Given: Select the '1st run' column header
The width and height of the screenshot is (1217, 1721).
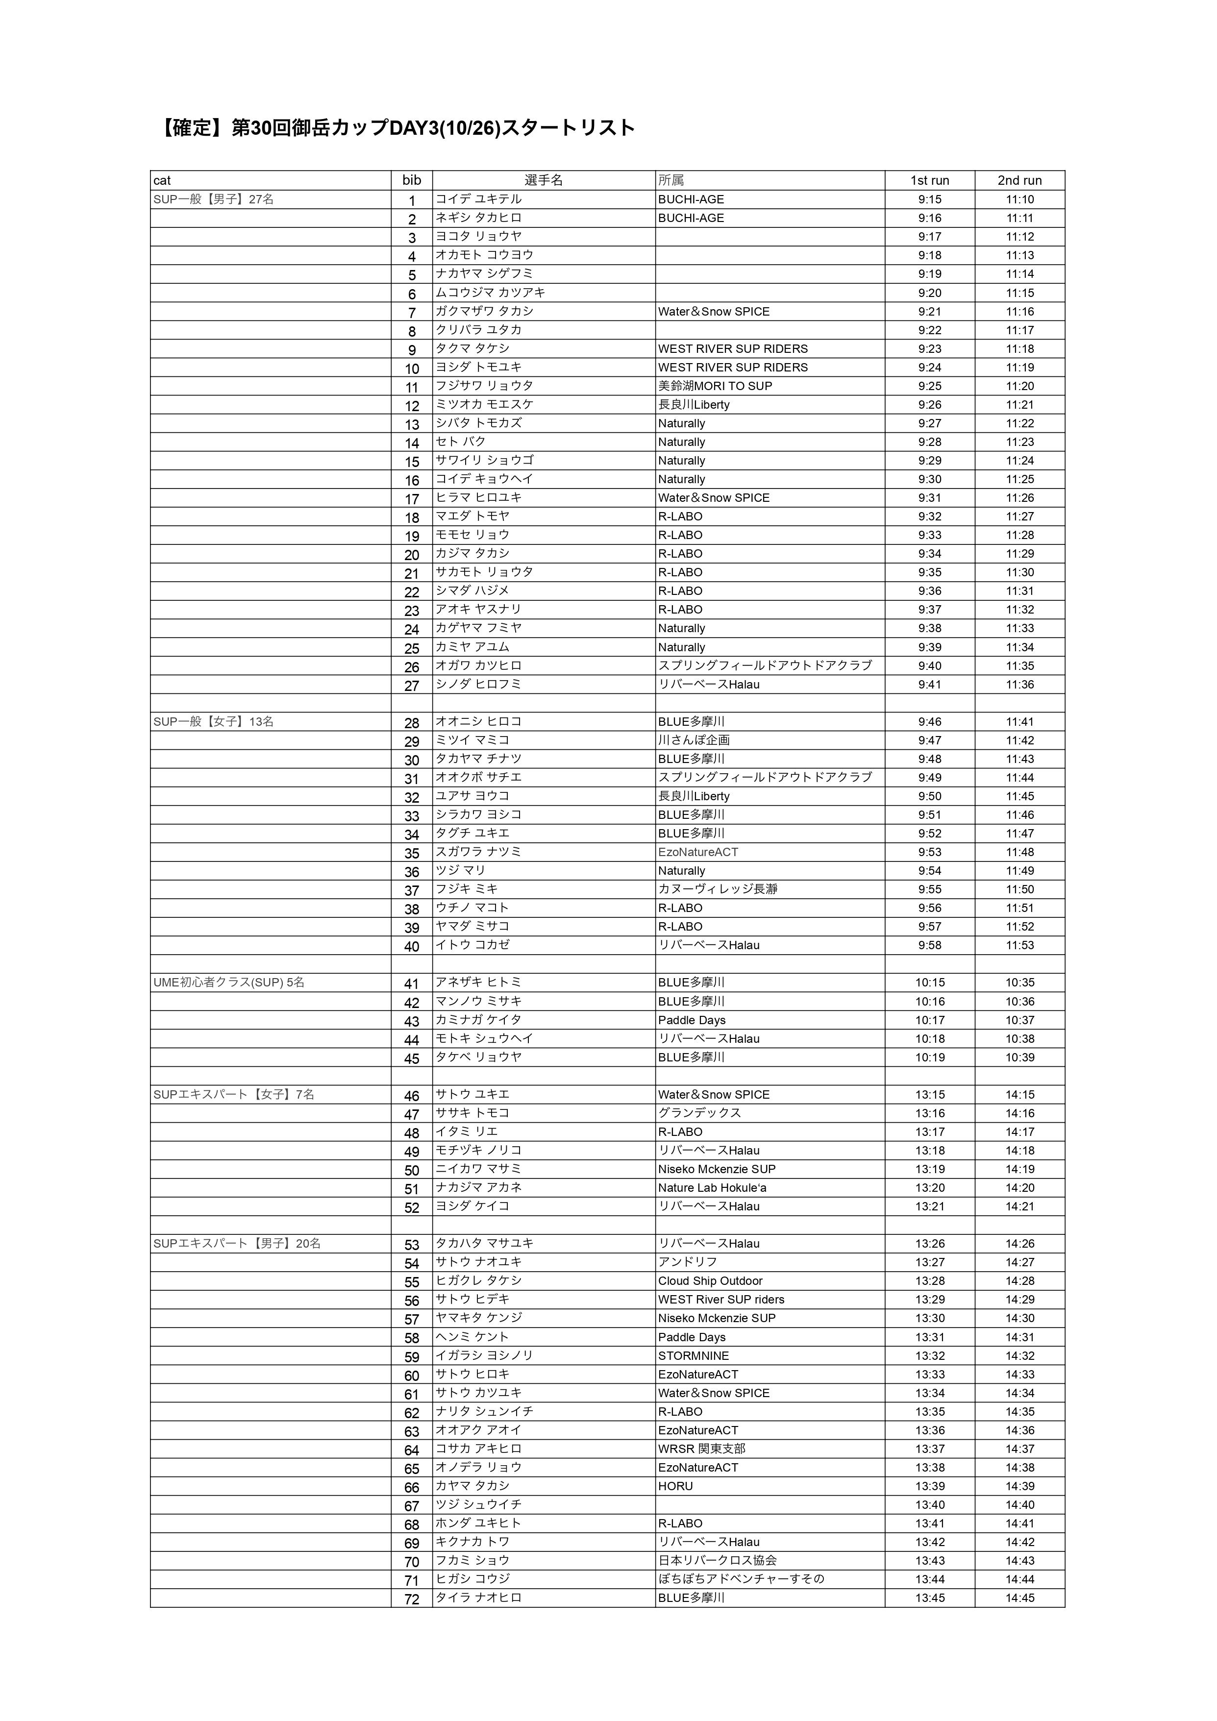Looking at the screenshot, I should pos(929,180).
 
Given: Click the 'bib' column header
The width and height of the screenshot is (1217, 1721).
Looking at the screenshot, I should pos(412,180).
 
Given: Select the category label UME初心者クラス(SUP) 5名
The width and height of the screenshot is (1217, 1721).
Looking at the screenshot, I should pos(229,983).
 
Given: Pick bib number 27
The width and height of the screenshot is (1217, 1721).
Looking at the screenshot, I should pos(412,685).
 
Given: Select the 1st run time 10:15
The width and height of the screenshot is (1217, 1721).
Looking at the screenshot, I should pos(929,983).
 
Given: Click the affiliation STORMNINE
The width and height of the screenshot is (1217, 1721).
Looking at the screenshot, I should pos(693,1355).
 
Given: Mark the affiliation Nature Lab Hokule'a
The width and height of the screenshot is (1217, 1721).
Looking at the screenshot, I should pos(712,1187).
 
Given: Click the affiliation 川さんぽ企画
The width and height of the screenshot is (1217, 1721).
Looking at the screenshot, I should pos(694,740).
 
